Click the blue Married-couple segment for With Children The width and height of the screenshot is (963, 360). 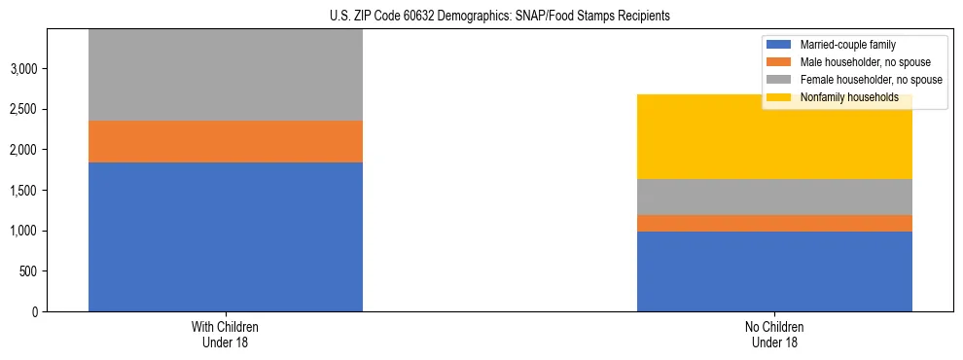[x=226, y=236]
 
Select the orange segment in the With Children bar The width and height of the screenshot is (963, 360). [x=226, y=141]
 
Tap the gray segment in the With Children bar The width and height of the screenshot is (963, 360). [x=226, y=75]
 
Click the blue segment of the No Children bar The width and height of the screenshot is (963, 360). [x=774, y=271]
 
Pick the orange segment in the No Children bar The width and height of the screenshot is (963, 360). [x=774, y=223]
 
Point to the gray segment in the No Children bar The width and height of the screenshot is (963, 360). [x=774, y=197]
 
